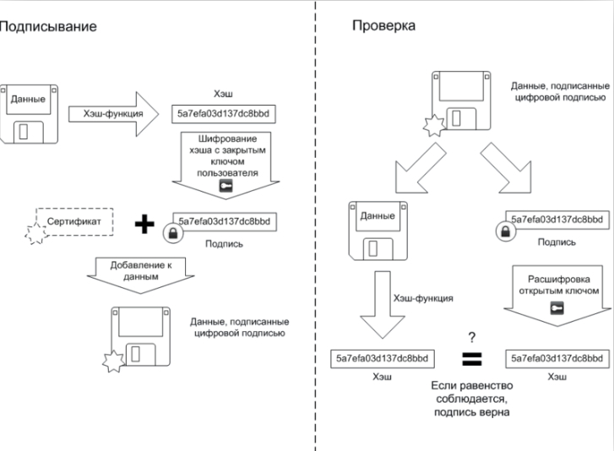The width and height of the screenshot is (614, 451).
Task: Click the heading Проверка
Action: click(x=383, y=26)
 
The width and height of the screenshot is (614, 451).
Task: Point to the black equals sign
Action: click(x=470, y=359)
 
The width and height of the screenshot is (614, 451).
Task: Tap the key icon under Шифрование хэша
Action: click(x=225, y=184)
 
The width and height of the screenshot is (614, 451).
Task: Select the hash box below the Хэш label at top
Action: click(x=224, y=112)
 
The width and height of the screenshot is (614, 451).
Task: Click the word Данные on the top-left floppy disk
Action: click(x=28, y=99)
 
